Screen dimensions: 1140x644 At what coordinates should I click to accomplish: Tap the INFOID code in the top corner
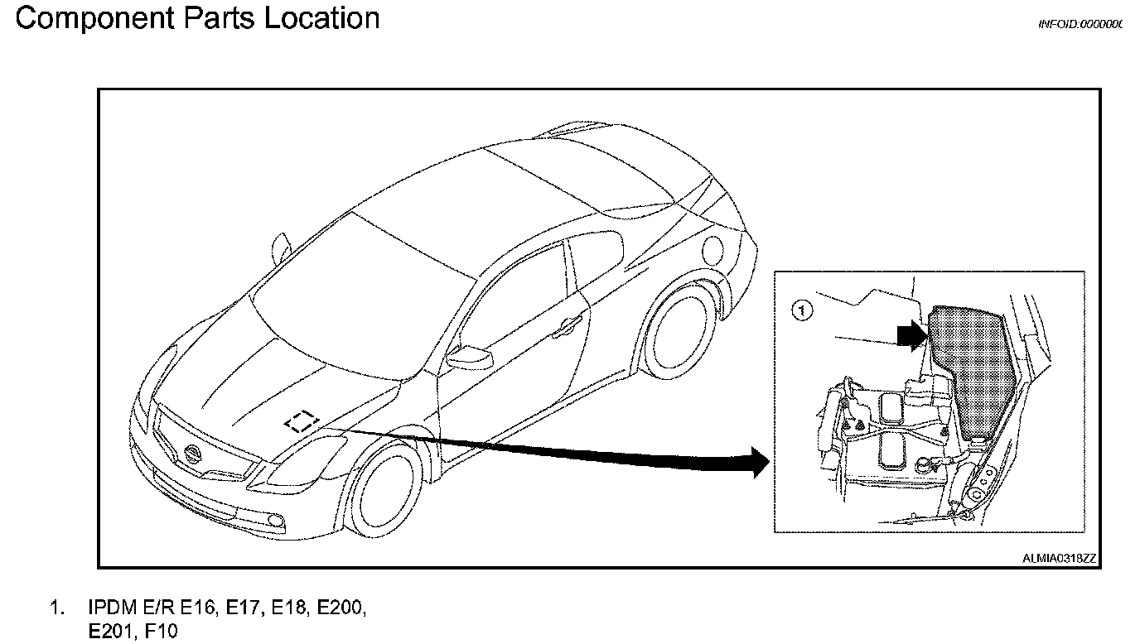point(1080,25)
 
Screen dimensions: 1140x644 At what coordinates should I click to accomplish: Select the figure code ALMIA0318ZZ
point(1059,559)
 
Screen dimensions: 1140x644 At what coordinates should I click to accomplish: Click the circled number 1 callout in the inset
point(801,310)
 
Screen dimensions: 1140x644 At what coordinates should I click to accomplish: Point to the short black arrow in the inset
point(911,335)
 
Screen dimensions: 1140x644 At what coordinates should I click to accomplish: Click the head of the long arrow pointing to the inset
point(758,461)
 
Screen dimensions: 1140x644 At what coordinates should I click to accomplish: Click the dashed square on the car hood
point(301,422)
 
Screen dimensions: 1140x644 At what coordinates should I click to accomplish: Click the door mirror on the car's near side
point(469,358)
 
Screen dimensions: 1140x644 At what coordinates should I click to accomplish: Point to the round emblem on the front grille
point(193,454)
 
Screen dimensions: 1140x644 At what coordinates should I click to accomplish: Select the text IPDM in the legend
point(112,608)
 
